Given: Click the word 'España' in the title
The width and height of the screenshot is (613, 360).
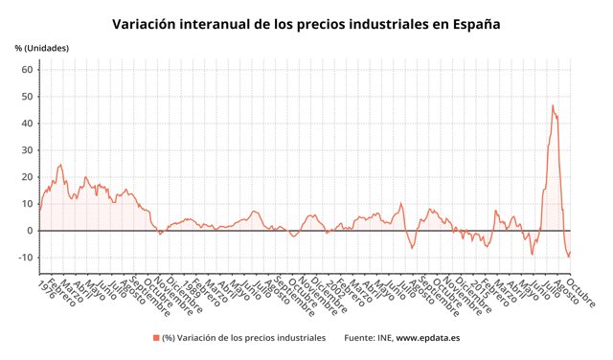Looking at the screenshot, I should [469, 22].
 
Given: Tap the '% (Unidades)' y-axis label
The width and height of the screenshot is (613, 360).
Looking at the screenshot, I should [41, 48].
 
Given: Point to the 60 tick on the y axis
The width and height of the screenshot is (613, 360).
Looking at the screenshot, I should [28, 70].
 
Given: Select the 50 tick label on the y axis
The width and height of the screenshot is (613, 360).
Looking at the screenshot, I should [28, 97].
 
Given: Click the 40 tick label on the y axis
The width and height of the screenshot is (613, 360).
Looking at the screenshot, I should [28, 124].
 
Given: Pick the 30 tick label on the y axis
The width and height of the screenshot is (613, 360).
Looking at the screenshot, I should [28, 150].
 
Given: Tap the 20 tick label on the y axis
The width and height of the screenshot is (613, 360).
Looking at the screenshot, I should [28, 177].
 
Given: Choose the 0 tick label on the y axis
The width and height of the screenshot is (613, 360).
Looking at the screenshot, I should [31, 231].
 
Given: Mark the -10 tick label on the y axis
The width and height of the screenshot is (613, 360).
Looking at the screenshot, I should [26, 258].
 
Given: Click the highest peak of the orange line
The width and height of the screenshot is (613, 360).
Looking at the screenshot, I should [552, 105].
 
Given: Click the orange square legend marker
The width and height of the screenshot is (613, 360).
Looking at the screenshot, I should [155, 338].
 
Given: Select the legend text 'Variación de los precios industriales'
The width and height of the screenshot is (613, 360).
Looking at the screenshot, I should [250, 338].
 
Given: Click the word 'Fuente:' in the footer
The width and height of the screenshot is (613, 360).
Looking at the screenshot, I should [360, 338].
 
